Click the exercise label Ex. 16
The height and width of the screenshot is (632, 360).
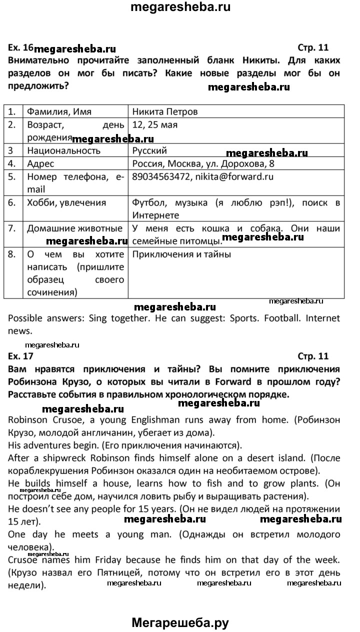[20, 48]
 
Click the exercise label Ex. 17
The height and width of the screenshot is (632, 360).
[20, 356]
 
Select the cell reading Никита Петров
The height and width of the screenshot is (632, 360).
[165, 111]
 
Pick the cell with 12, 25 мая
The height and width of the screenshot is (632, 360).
[155, 124]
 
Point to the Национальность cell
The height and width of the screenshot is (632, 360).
[63, 150]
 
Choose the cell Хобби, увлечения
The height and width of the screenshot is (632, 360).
[66, 202]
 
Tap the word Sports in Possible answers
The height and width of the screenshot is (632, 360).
[243, 318]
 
